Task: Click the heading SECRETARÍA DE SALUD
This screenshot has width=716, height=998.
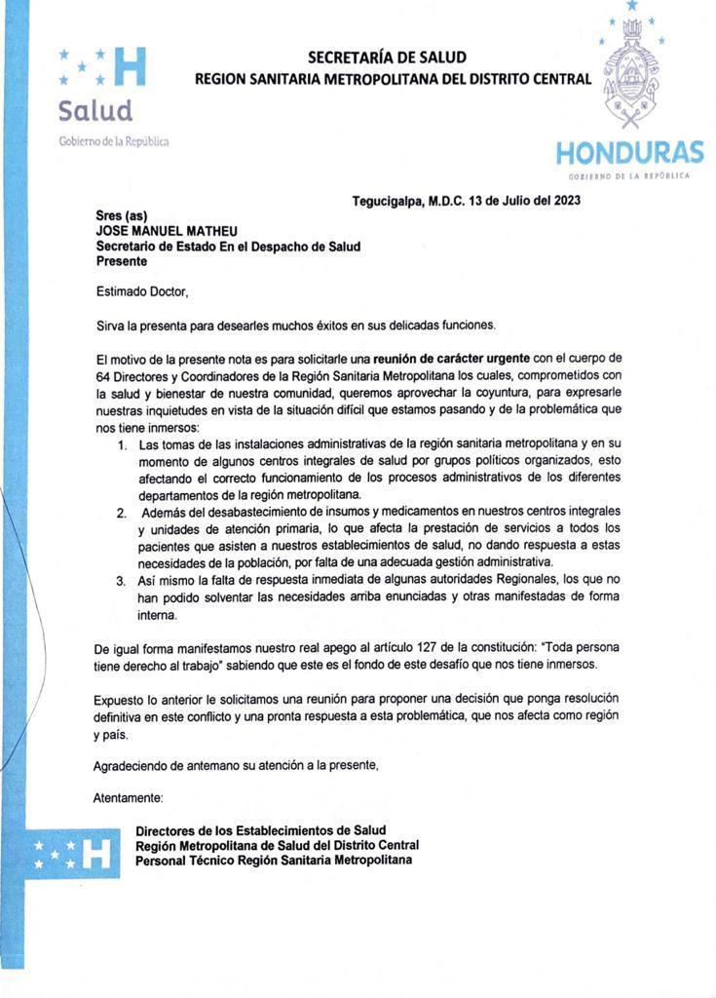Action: [387, 58]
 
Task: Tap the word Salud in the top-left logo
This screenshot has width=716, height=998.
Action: [94, 109]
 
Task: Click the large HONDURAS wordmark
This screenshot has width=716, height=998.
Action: [629, 153]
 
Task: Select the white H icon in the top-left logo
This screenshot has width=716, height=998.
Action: [130, 64]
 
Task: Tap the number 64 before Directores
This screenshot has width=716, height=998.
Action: [104, 375]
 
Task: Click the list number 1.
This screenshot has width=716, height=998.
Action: [123, 445]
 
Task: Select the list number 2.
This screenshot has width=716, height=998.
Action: [122, 512]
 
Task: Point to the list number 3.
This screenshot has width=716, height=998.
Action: [122, 580]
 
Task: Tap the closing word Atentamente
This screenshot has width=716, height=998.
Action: [128, 798]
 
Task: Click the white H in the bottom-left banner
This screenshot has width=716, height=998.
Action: [96, 855]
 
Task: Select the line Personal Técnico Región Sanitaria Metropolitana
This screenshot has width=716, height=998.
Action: [273, 861]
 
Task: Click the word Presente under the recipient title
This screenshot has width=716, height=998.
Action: [122, 261]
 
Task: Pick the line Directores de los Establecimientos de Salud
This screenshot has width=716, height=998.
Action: [261, 829]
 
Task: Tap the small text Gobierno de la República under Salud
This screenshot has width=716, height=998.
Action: [113, 140]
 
